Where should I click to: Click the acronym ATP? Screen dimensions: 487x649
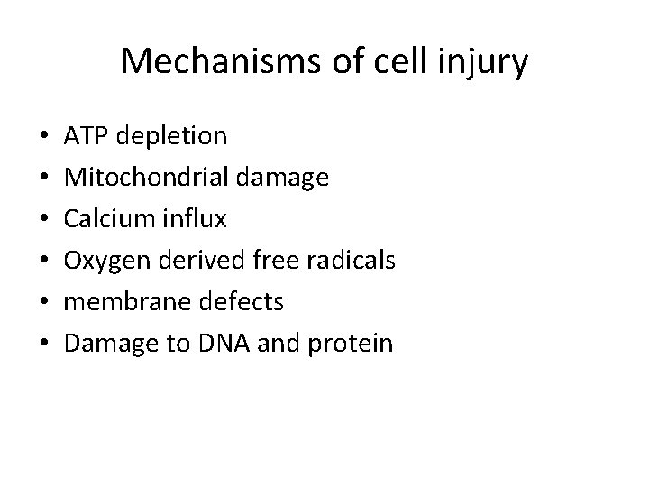85,136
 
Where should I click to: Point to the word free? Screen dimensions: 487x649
279,261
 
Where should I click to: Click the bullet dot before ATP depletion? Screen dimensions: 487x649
45,137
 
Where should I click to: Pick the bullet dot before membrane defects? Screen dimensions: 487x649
45,303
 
